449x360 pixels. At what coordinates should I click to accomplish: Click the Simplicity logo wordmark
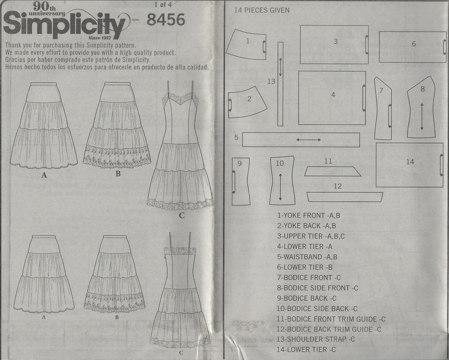point(65,25)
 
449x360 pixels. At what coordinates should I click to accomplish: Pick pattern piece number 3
point(334,44)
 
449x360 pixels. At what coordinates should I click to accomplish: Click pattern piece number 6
point(412,46)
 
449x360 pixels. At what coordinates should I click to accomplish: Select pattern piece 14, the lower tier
point(409,164)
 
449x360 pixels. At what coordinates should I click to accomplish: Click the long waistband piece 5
point(301,139)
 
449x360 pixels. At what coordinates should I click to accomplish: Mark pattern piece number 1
point(247,44)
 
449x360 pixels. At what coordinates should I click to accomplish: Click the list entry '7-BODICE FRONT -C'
point(308,277)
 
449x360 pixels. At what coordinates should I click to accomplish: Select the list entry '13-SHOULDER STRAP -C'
point(315,339)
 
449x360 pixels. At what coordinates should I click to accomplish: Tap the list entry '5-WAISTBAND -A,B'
point(308,256)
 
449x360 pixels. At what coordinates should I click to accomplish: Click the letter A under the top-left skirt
point(44,175)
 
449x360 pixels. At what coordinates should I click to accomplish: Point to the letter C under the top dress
point(181,216)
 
